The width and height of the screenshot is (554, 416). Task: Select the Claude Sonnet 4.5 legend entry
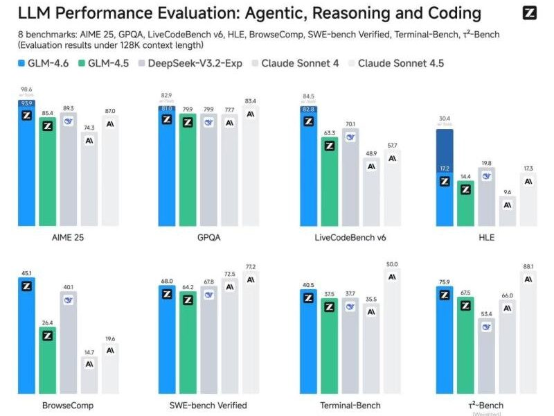point(395,64)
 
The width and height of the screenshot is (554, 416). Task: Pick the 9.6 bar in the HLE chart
point(508,211)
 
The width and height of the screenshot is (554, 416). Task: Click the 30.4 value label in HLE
point(445,119)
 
